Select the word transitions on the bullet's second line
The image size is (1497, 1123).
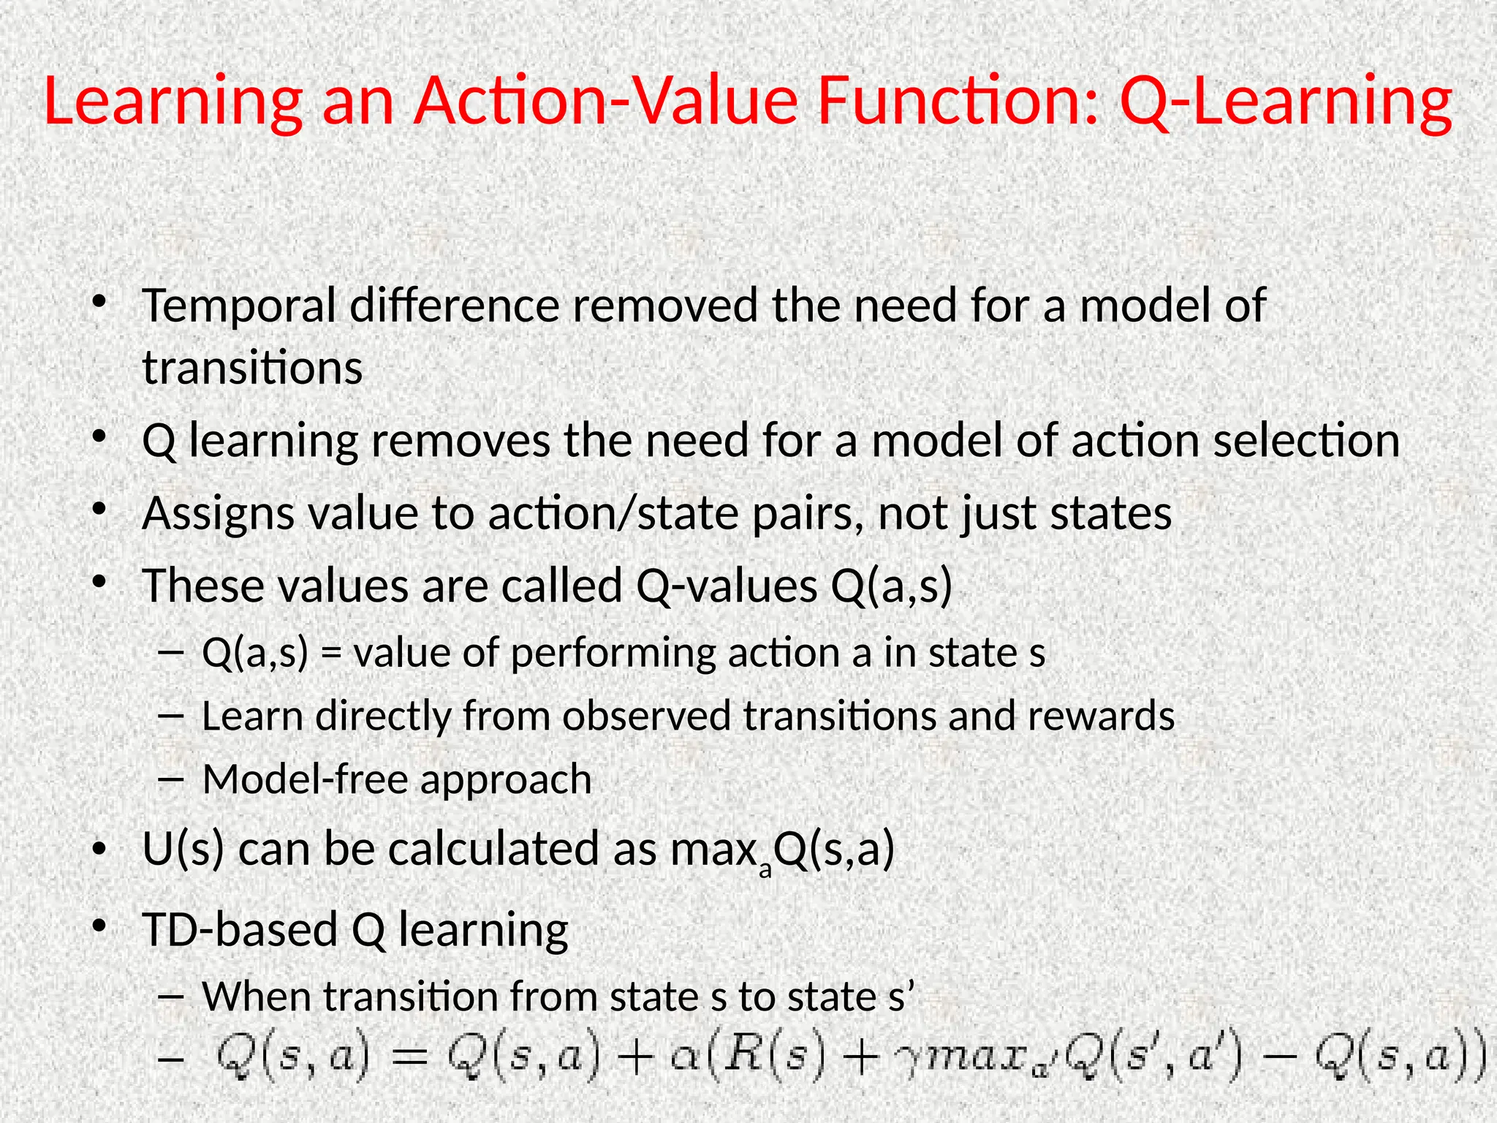tap(252, 368)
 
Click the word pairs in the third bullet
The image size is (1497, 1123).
tap(806, 514)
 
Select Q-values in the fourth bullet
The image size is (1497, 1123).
tap(727, 586)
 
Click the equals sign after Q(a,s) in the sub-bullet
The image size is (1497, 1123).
tap(331, 653)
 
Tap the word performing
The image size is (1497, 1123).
tap(613, 653)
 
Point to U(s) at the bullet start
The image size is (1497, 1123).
tap(183, 850)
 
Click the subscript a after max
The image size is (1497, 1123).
tap(765, 870)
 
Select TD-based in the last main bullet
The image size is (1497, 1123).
tap(240, 931)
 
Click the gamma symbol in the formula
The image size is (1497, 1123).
tap(909, 1062)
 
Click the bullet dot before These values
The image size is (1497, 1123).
tap(100, 583)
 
